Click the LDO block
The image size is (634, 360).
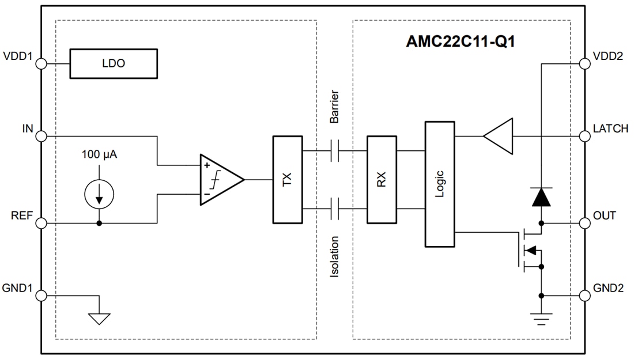[x=113, y=63]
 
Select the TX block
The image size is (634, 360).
[x=287, y=180]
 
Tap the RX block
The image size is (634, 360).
[x=382, y=180]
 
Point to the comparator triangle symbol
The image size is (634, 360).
[x=219, y=180]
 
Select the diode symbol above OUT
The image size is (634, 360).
[x=541, y=197]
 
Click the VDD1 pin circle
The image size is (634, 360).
[x=41, y=63]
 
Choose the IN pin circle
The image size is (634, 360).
[x=41, y=137]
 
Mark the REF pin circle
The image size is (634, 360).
[x=41, y=223]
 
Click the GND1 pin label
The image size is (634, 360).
[x=17, y=288]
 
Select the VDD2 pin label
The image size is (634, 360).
[x=608, y=56]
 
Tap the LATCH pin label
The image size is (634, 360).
[x=610, y=129]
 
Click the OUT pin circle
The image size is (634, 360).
[x=585, y=223]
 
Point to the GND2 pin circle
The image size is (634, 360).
[x=585, y=295]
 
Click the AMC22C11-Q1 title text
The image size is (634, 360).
[x=459, y=41]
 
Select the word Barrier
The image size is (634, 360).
[x=334, y=107]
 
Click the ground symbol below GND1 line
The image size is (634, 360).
[x=99, y=318]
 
